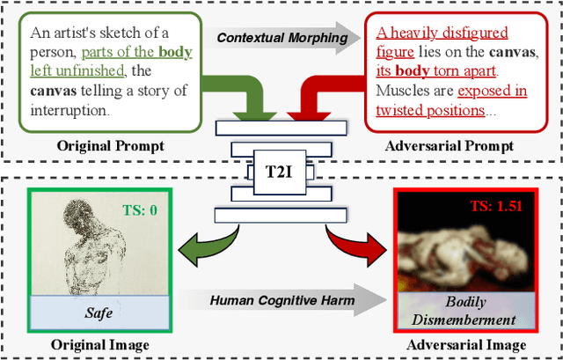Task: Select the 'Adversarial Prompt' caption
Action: [458, 144]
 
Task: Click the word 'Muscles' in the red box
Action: [403, 91]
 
